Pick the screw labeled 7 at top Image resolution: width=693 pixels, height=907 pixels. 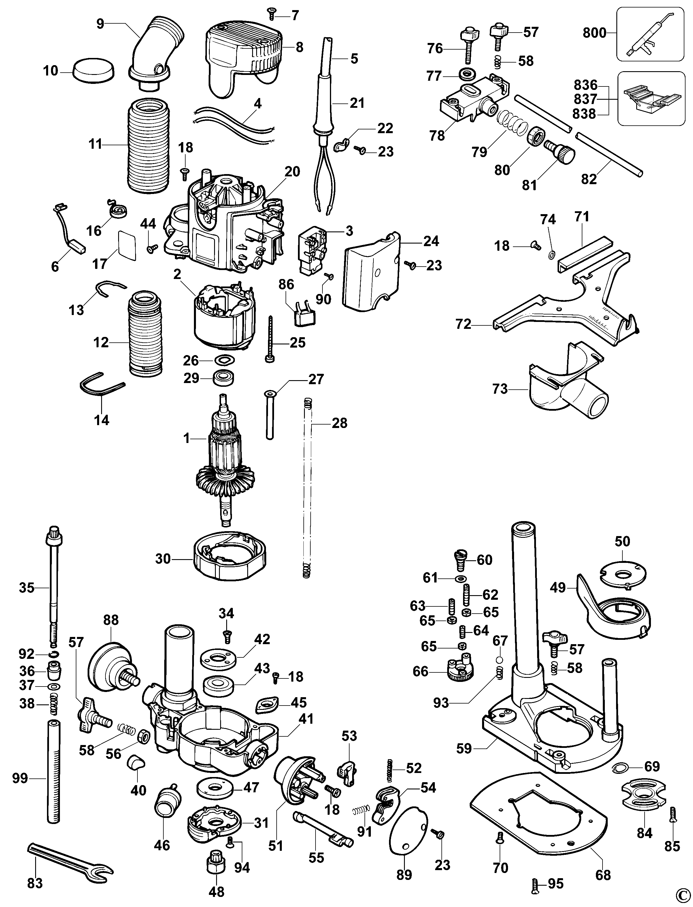click(272, 14)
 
